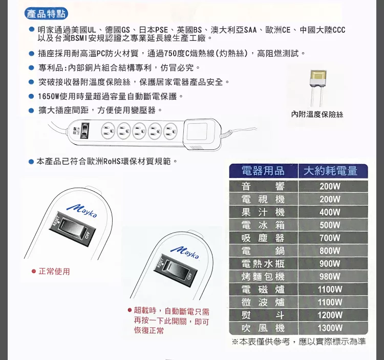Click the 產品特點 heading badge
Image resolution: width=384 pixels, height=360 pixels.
click(46, 14)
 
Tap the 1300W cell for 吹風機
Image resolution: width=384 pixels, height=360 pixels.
click(330, 328)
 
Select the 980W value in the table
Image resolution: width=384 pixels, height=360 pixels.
click(330, 276)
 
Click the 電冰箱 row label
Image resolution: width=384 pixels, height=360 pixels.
click(263, 225)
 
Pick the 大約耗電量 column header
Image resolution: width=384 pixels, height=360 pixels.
click(331, 171)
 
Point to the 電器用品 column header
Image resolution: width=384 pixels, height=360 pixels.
click(263, 171)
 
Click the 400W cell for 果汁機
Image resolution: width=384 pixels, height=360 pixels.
click(330, 212)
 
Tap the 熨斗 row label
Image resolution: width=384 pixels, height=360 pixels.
click(263, 315)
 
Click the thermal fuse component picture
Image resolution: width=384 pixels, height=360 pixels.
click(318, 87)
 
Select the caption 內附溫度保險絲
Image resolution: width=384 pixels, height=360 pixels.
click(317, 114)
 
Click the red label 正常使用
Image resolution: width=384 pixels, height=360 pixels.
click(54, 271)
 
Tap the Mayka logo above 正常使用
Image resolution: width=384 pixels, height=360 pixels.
click(82, 211)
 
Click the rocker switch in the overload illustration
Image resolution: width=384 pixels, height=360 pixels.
click(175, 269)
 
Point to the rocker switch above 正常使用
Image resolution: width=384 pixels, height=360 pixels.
click(73, 229)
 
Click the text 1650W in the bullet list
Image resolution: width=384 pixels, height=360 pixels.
click(49, 96)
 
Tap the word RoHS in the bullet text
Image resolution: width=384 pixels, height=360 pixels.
click(112, 162)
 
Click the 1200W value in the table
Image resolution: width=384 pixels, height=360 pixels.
click(330, 315)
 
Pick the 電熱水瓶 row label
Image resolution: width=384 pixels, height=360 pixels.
click(263, 264)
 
